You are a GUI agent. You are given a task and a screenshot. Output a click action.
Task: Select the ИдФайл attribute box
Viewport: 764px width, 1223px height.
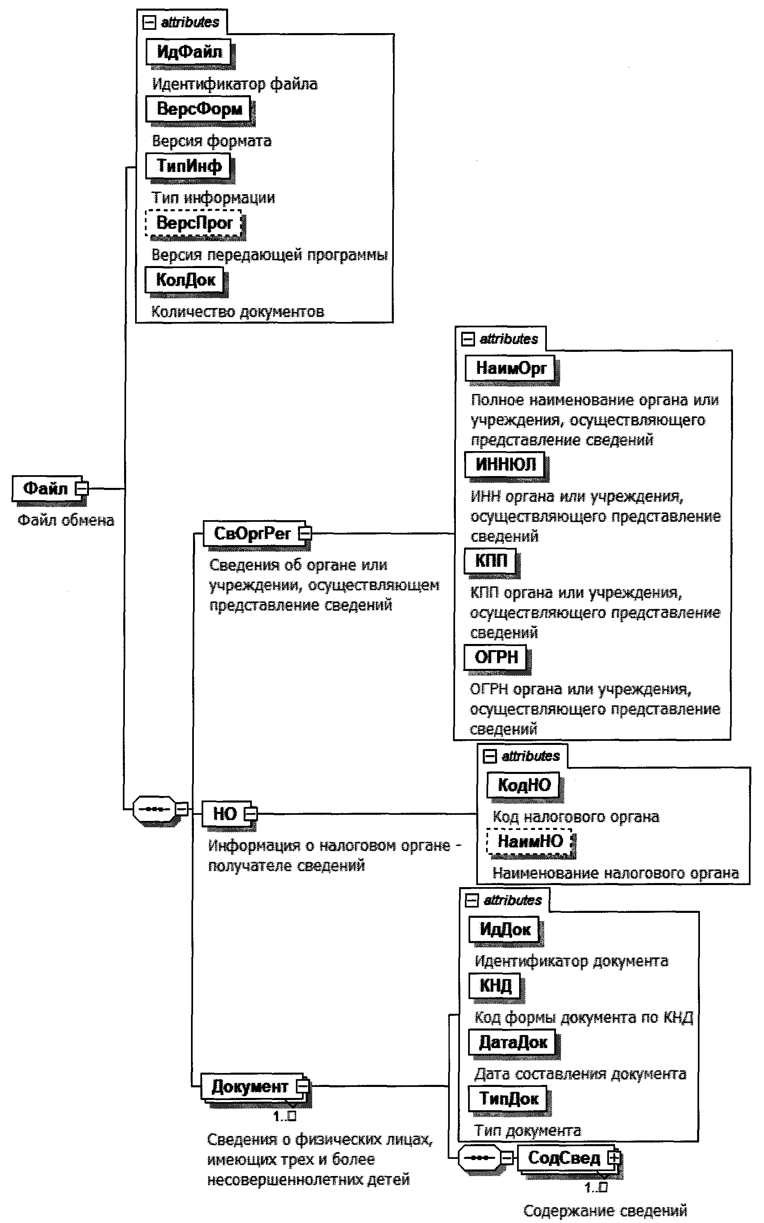pos(189,51)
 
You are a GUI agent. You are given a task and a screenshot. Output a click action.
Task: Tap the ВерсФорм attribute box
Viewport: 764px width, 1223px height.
pos(199,109)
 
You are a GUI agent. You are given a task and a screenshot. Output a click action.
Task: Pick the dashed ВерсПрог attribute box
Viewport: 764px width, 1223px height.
pos(193,223)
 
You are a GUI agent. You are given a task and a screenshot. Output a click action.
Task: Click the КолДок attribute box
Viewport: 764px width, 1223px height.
pos(185,280)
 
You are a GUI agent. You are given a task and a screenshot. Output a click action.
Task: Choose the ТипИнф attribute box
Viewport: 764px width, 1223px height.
pos(188,165)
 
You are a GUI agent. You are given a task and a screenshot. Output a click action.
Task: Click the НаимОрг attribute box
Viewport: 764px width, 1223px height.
pos(510,368)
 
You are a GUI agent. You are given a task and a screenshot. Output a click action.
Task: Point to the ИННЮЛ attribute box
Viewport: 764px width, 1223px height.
pos(505,464)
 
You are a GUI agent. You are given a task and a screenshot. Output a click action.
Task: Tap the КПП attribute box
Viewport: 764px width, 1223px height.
pos(490,560)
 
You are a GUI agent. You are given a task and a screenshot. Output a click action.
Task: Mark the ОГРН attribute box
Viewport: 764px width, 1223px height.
pos(496,657)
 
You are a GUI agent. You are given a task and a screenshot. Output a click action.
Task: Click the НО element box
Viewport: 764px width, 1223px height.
pos(224,814)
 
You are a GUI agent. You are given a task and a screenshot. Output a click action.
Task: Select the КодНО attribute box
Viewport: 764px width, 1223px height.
pos(524,785)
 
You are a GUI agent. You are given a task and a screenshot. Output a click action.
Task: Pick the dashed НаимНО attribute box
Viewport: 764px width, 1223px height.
pos(530,841)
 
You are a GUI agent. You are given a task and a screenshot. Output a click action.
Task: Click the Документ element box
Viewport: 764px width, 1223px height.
pos(250,1086)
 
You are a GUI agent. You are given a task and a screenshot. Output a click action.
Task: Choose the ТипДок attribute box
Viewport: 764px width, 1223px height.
pos(509,1099)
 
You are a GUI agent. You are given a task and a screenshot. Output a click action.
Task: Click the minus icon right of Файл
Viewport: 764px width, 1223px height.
pos(81,489)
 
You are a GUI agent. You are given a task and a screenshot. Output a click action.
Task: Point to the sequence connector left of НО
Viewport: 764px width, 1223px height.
pos(155,809)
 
